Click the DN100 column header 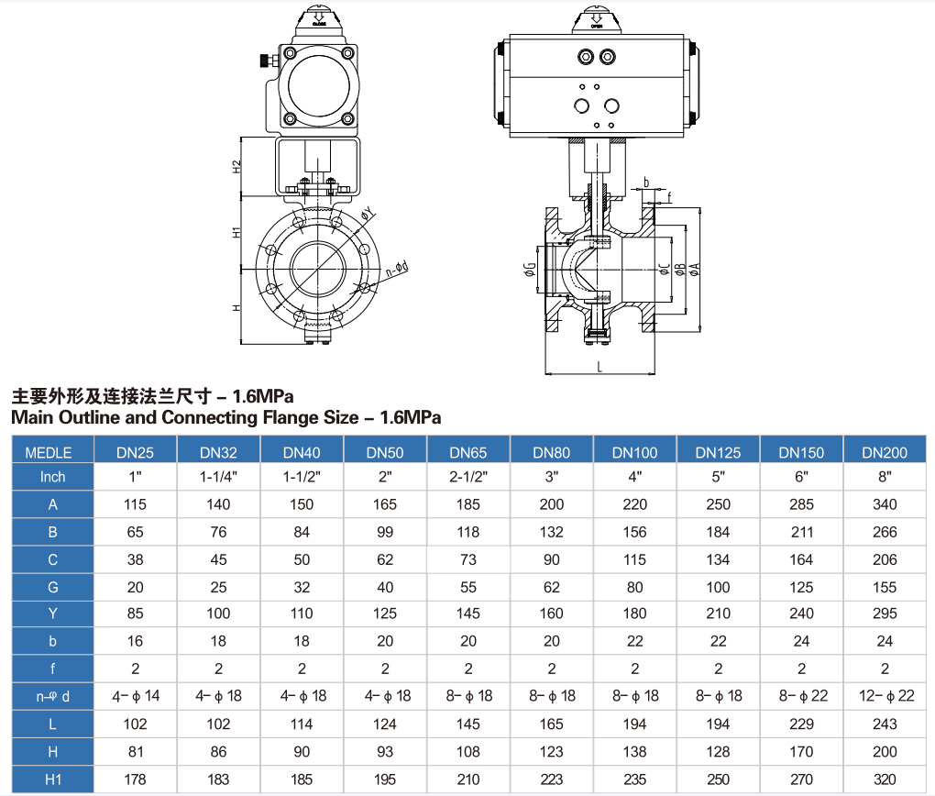[x=634, y=452]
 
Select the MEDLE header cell [x=53, y=452]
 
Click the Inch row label [x=53, y=477]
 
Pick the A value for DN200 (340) [x=885, y=504]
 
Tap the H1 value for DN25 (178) [x=135, y=779]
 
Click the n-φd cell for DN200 [x=885, y=696]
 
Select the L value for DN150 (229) [x=801, y=724]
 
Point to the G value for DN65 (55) [x=468, y=587]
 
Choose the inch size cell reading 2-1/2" [x=468, y=477]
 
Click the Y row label [x=53, y=614]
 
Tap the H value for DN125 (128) [x=718, y=752]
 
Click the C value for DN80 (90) [x=552, y=559]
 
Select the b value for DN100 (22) [x=634, y=642]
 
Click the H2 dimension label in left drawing [x=236, y=167]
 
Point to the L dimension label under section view [x=599, y=366]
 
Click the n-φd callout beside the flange [x=397, y=270]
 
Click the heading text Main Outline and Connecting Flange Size [x=225, y=418]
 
